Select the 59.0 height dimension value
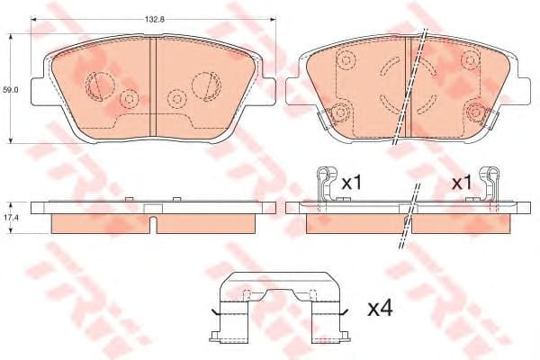point(11,90)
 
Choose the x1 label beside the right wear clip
point(461,183)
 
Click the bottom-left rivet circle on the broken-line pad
point(340,112)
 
